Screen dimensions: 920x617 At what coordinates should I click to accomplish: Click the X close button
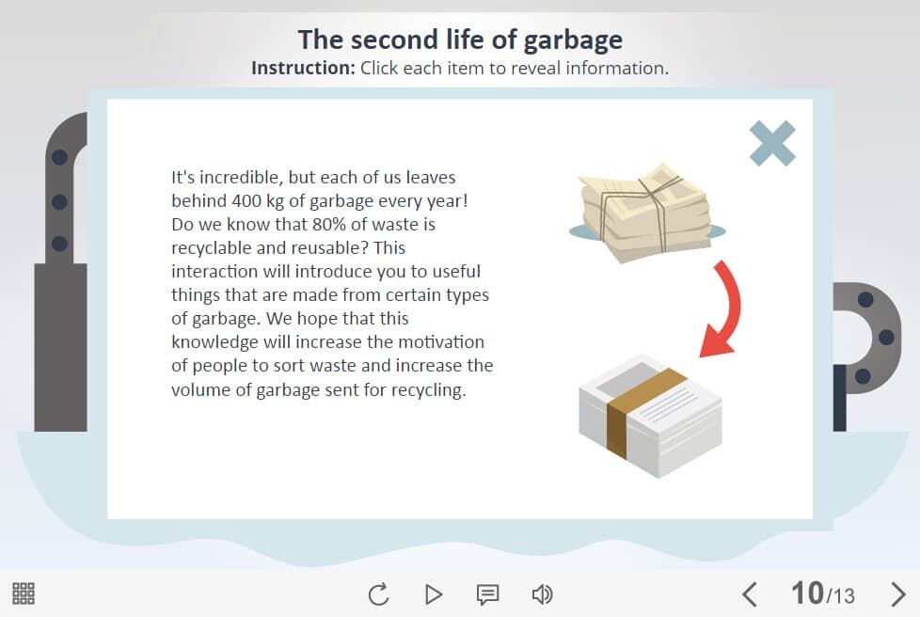(772, 144)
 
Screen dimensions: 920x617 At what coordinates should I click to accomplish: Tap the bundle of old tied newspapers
(647, 213)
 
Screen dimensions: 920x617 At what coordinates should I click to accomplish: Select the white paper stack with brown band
(650, 415)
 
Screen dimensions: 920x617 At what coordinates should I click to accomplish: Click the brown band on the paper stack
(639, 411)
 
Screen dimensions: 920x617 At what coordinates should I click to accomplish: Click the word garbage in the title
(573, 40)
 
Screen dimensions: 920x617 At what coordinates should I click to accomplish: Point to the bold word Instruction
(303, 68)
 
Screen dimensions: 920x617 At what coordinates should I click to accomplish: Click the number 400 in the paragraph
(246, 201)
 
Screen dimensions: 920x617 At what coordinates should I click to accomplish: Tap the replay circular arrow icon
(378, 594)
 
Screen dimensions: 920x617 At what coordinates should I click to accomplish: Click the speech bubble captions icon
(487, 594)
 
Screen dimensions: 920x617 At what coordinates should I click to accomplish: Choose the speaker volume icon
(542, 594)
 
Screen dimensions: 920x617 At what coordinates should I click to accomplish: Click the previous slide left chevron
(749, 594)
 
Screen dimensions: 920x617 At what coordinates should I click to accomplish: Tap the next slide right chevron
(897, 594)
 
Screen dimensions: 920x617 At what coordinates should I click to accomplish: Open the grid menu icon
(24, 593)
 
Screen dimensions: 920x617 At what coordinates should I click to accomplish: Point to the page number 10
(807, 593)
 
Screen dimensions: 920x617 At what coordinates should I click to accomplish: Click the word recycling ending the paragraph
(428, 390)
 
